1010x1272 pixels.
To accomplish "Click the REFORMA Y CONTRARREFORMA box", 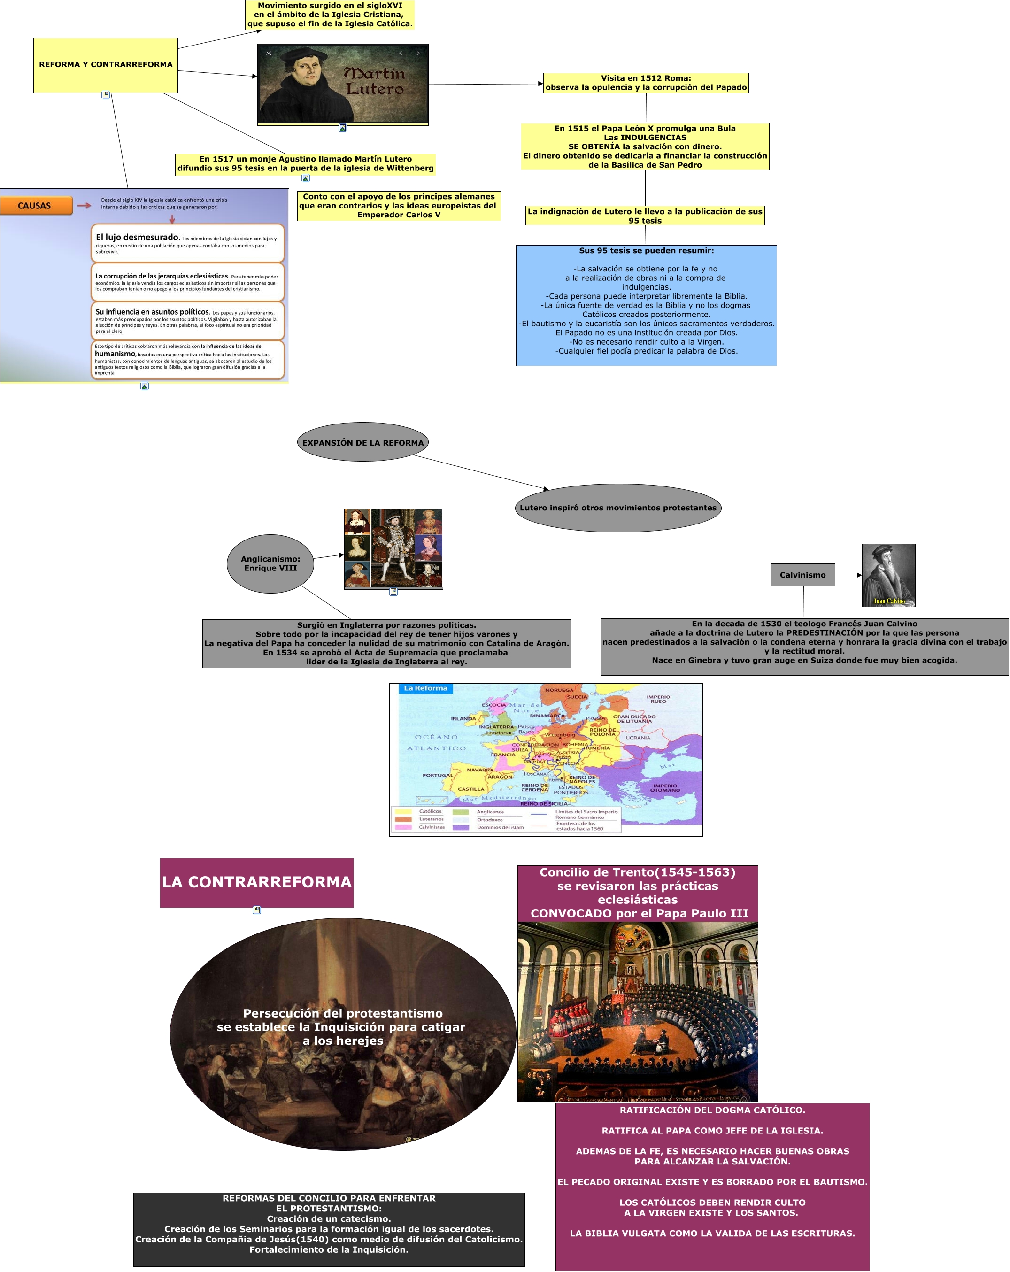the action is tap(105, 65).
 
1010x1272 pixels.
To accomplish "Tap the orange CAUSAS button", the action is tap(35, 205).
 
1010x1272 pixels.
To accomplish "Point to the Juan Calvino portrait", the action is tap(888, 575).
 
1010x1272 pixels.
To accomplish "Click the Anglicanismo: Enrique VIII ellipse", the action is tap(270, 563).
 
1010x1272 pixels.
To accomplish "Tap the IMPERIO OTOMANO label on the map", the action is tap(665, 787).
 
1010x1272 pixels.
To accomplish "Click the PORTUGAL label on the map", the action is tap(437, 775).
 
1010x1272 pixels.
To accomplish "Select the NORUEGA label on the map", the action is tap(558, 690).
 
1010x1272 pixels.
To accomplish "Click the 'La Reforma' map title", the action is tap(425, 688).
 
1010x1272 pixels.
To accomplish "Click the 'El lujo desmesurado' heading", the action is tap(137, 237).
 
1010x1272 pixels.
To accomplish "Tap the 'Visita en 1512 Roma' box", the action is tap(646, 83).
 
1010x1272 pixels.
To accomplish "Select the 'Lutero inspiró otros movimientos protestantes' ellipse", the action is tap(617, 508).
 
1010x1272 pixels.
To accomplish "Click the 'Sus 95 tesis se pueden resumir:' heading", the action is tap(646, 251).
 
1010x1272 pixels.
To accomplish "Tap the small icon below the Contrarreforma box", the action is tap(257, 910).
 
